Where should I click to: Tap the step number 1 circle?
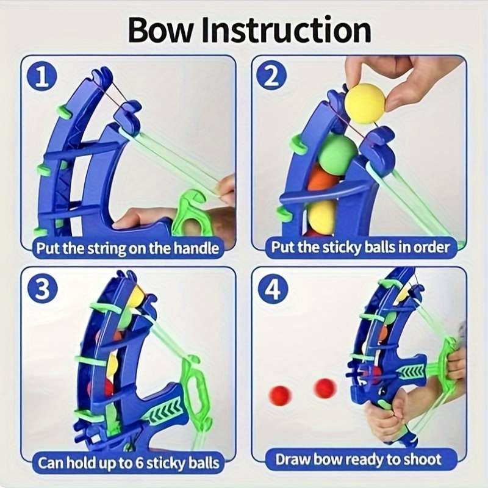pyautogui.click(x=43, y=78)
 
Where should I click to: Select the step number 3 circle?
pyautogui.click(x=43, y=290)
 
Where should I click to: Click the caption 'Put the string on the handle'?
pyautogui.click(x=127, y=248)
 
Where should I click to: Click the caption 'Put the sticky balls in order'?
pyautogui.click(x=361, y=247)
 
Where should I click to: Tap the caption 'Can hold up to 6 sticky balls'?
pyautogui.click(x=128, y=462)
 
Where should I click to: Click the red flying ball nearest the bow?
pyautogui.click(x=325, y=388)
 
